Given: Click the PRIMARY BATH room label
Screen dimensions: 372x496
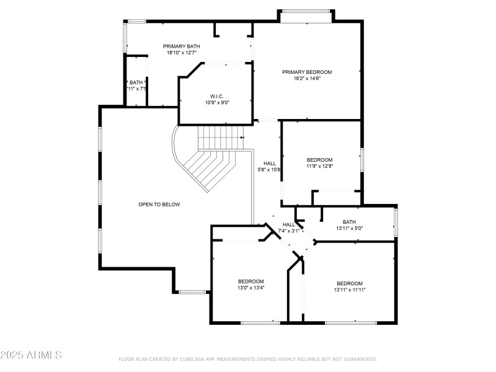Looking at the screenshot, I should click(181, 46).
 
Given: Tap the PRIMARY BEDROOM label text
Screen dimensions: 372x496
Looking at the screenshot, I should click(307, 72).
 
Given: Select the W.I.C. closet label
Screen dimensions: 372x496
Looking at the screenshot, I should click(216, 96).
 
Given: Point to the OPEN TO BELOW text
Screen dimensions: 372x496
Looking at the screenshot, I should click(159, 204).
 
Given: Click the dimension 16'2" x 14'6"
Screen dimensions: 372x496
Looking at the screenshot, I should click(307, 78).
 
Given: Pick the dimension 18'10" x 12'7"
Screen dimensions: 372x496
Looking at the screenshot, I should click(181, 53).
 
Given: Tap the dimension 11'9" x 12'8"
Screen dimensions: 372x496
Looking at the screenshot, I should click(320, 166).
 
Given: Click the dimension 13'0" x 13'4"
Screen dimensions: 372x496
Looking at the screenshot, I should click(250, 288).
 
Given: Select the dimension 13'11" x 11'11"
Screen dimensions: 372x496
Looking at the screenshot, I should click(350, 290).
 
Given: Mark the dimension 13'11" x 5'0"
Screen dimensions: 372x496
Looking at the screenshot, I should click(349, 228).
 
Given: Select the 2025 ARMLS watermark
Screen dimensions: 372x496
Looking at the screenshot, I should click(31, 355).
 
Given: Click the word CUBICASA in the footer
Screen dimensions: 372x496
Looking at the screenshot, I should click(192, 359).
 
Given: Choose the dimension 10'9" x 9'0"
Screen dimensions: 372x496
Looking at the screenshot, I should click(217, 102).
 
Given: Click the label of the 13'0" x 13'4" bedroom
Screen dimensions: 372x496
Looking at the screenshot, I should click(250, 281).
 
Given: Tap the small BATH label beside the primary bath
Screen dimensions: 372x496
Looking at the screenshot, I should click(136, 82).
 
